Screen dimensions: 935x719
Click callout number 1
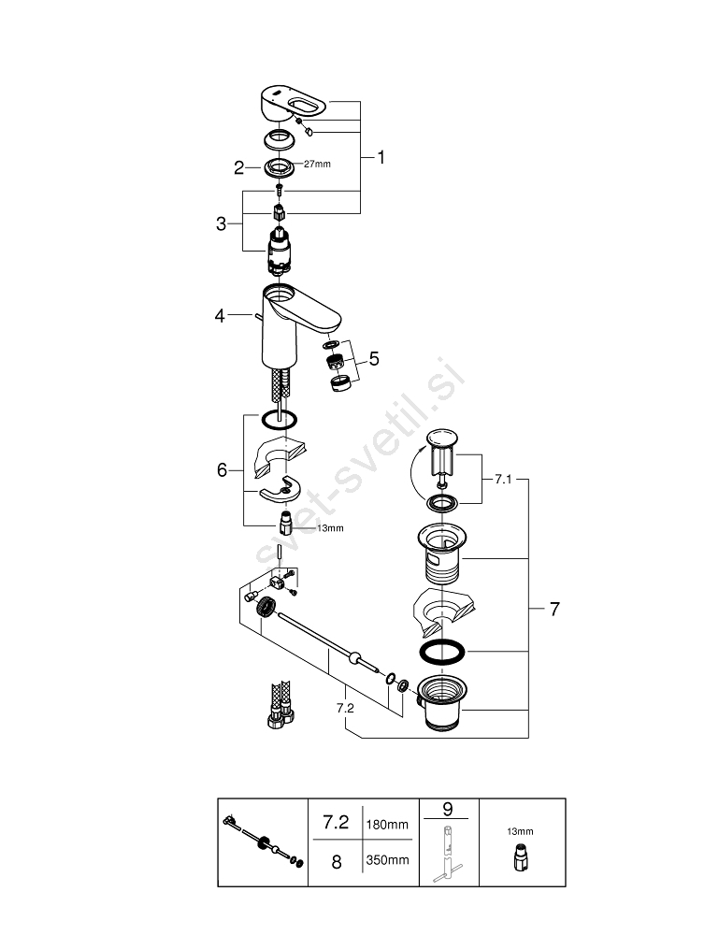[x=381, y=158]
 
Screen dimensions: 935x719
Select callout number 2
[x=239, y=167]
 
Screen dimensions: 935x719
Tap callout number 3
[x=221, y=223]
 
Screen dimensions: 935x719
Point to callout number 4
[x=221, y=317]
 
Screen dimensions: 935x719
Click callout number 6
[x=222, y=469]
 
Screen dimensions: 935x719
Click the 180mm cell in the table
[x=386, y=825]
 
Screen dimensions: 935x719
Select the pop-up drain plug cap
[x=440, y=439]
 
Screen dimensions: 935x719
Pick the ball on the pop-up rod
[x=353, y=658]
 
